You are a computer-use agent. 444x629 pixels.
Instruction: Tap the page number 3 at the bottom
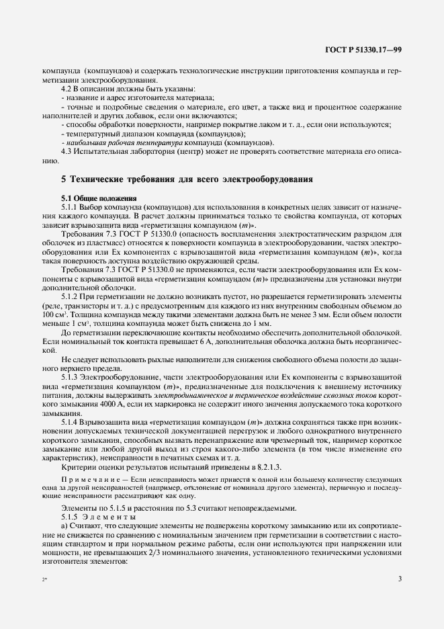[399, 597]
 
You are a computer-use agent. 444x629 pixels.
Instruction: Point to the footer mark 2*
[44, 597]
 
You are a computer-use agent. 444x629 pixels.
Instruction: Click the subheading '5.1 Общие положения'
[99, 198]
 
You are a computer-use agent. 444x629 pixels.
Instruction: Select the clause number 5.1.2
[70, 295]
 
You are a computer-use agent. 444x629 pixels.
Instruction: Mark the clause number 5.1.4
[70, 421]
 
